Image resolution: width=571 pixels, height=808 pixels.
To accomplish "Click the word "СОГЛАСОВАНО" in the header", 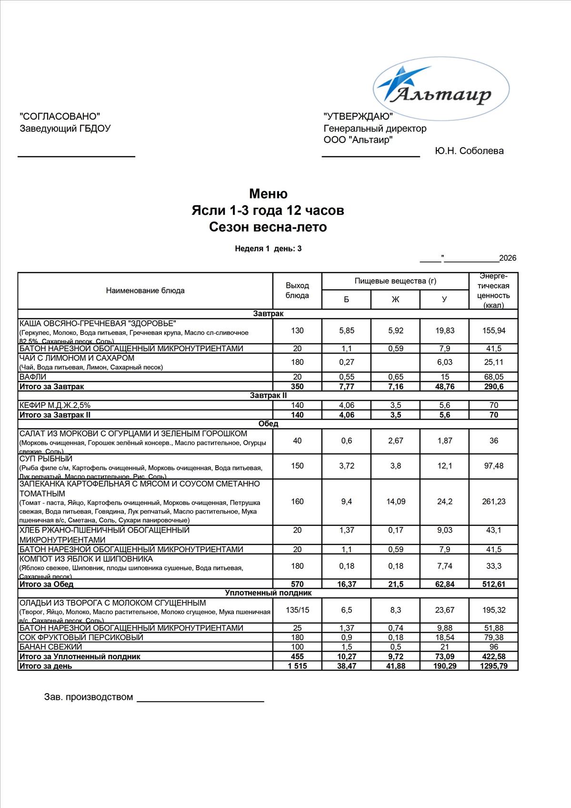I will coord(60,116).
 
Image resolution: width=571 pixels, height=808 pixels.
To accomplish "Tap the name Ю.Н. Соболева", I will coord(469,151).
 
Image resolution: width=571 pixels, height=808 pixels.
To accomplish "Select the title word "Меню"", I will coord(268,194).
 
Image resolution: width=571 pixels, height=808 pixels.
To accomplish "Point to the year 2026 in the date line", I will coord(508,258).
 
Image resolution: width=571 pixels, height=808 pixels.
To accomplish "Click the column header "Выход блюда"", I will coord(297,290).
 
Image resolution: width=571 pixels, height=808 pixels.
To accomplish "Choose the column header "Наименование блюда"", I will coord(145,291).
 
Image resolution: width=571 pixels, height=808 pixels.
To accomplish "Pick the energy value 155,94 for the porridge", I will coord(493,331).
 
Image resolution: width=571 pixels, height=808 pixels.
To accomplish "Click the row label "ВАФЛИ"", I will coord(33,377).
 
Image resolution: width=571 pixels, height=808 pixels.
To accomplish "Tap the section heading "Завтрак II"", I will coord(268,395).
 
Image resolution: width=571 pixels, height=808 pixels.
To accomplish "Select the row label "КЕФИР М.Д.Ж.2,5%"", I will coord(55,405).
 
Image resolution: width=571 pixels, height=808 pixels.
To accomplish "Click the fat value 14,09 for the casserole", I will coord(396,502).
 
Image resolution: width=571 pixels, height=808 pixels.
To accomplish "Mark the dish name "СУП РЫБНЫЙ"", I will coord(46,459).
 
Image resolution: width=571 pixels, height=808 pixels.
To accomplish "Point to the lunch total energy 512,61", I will coord(493,584).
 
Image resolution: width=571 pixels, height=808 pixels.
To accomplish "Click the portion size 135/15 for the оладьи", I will coord(297,610).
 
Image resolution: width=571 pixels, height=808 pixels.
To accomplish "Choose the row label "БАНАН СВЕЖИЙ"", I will coord(50,647).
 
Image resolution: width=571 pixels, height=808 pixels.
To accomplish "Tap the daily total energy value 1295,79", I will coord(493,666).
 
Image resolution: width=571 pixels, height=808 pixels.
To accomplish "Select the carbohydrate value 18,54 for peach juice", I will coord(444,637).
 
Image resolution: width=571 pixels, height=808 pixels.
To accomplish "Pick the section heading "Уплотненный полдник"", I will coord(268,593).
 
